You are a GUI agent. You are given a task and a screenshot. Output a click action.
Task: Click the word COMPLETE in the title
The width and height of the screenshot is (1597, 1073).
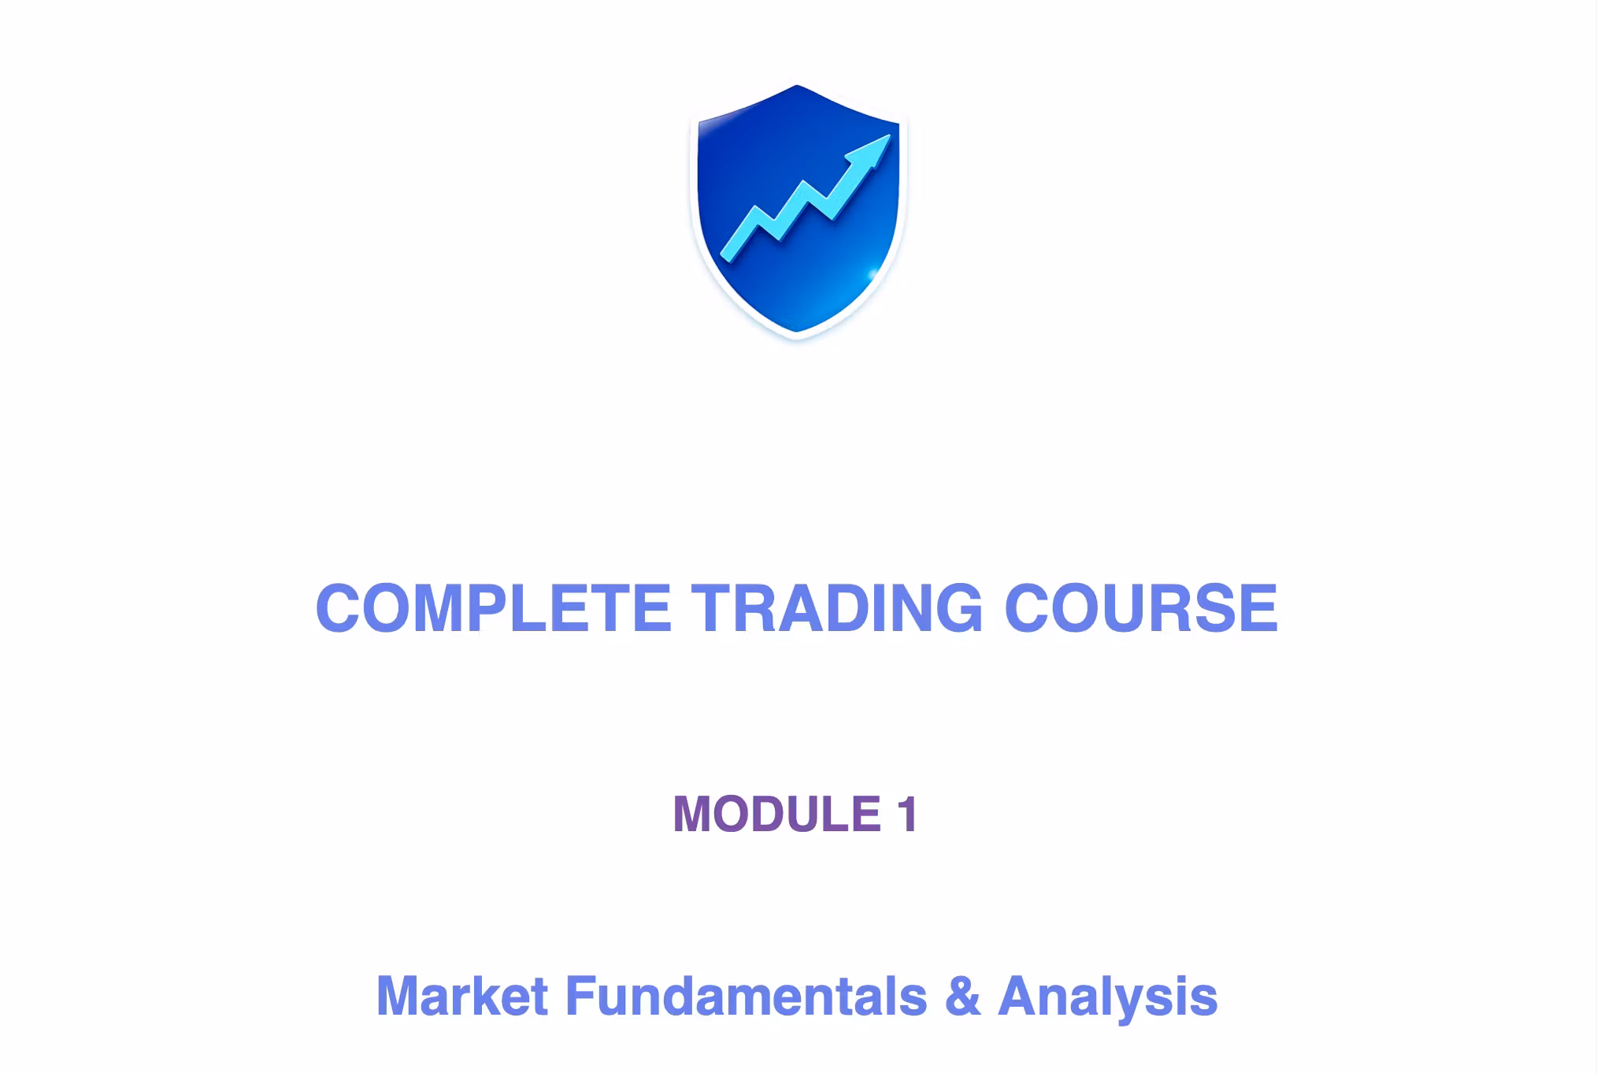[493, 607]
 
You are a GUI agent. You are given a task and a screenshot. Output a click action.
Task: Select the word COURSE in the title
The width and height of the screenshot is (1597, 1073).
[1141, 607]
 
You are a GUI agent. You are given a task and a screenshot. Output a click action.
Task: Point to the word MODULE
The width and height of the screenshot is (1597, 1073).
[776, 814]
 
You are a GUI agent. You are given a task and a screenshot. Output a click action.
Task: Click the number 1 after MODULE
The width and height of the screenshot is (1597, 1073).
[907, 814]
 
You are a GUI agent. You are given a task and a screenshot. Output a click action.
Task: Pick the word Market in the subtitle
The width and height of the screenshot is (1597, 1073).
[461, 996]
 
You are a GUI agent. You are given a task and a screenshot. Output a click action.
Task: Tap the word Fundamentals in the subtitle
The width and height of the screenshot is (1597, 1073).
[747, 996]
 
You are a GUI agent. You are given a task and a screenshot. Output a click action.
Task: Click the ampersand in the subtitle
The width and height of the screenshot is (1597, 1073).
[962, 996]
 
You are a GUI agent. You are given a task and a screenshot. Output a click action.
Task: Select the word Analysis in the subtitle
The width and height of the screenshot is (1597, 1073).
[1107, 997]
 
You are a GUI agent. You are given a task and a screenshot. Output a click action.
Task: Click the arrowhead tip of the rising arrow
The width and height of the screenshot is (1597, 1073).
[890, 135]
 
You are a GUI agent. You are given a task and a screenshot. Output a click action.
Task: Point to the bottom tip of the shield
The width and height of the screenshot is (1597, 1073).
[797, 332]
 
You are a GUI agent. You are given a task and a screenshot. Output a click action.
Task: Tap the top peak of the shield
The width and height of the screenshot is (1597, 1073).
[797, 86]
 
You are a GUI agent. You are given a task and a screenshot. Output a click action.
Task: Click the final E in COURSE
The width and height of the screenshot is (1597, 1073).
[1258, 607]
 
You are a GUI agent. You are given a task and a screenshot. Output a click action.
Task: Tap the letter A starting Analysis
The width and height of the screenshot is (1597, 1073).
[1017, 996]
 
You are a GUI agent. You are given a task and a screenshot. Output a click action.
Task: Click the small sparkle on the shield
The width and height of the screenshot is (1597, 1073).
[873, 274]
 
